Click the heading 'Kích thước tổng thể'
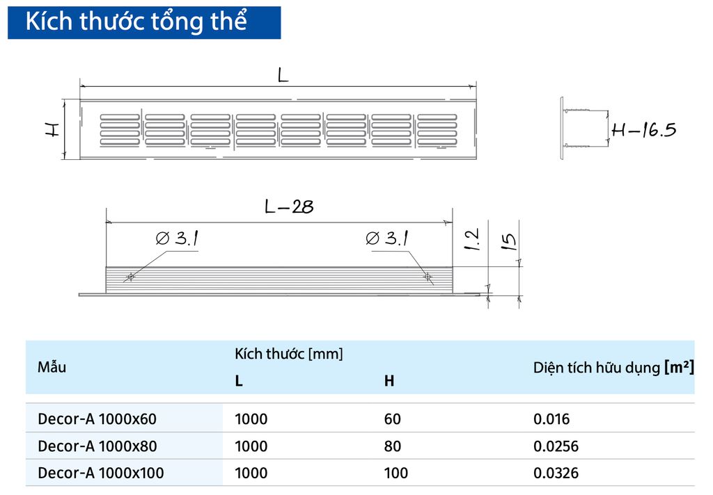(136, 22)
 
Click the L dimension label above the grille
(282, 76)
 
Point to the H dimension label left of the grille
(52, 129)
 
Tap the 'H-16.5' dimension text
(643, 129)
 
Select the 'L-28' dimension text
(289, 206)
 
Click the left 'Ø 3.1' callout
(178, 239)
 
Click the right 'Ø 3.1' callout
(386, 239)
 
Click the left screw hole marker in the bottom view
(130, 277)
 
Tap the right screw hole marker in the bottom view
(428, 277)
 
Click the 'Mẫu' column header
(52, 367)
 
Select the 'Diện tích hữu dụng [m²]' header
(613, 367)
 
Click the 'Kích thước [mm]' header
(289, 354)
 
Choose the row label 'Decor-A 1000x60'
(97, 419)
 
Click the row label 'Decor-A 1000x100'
(101, 473)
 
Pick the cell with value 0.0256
(556, 446)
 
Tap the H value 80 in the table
(392, 446)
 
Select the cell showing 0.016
(551, 419)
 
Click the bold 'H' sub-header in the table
(389, 381)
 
